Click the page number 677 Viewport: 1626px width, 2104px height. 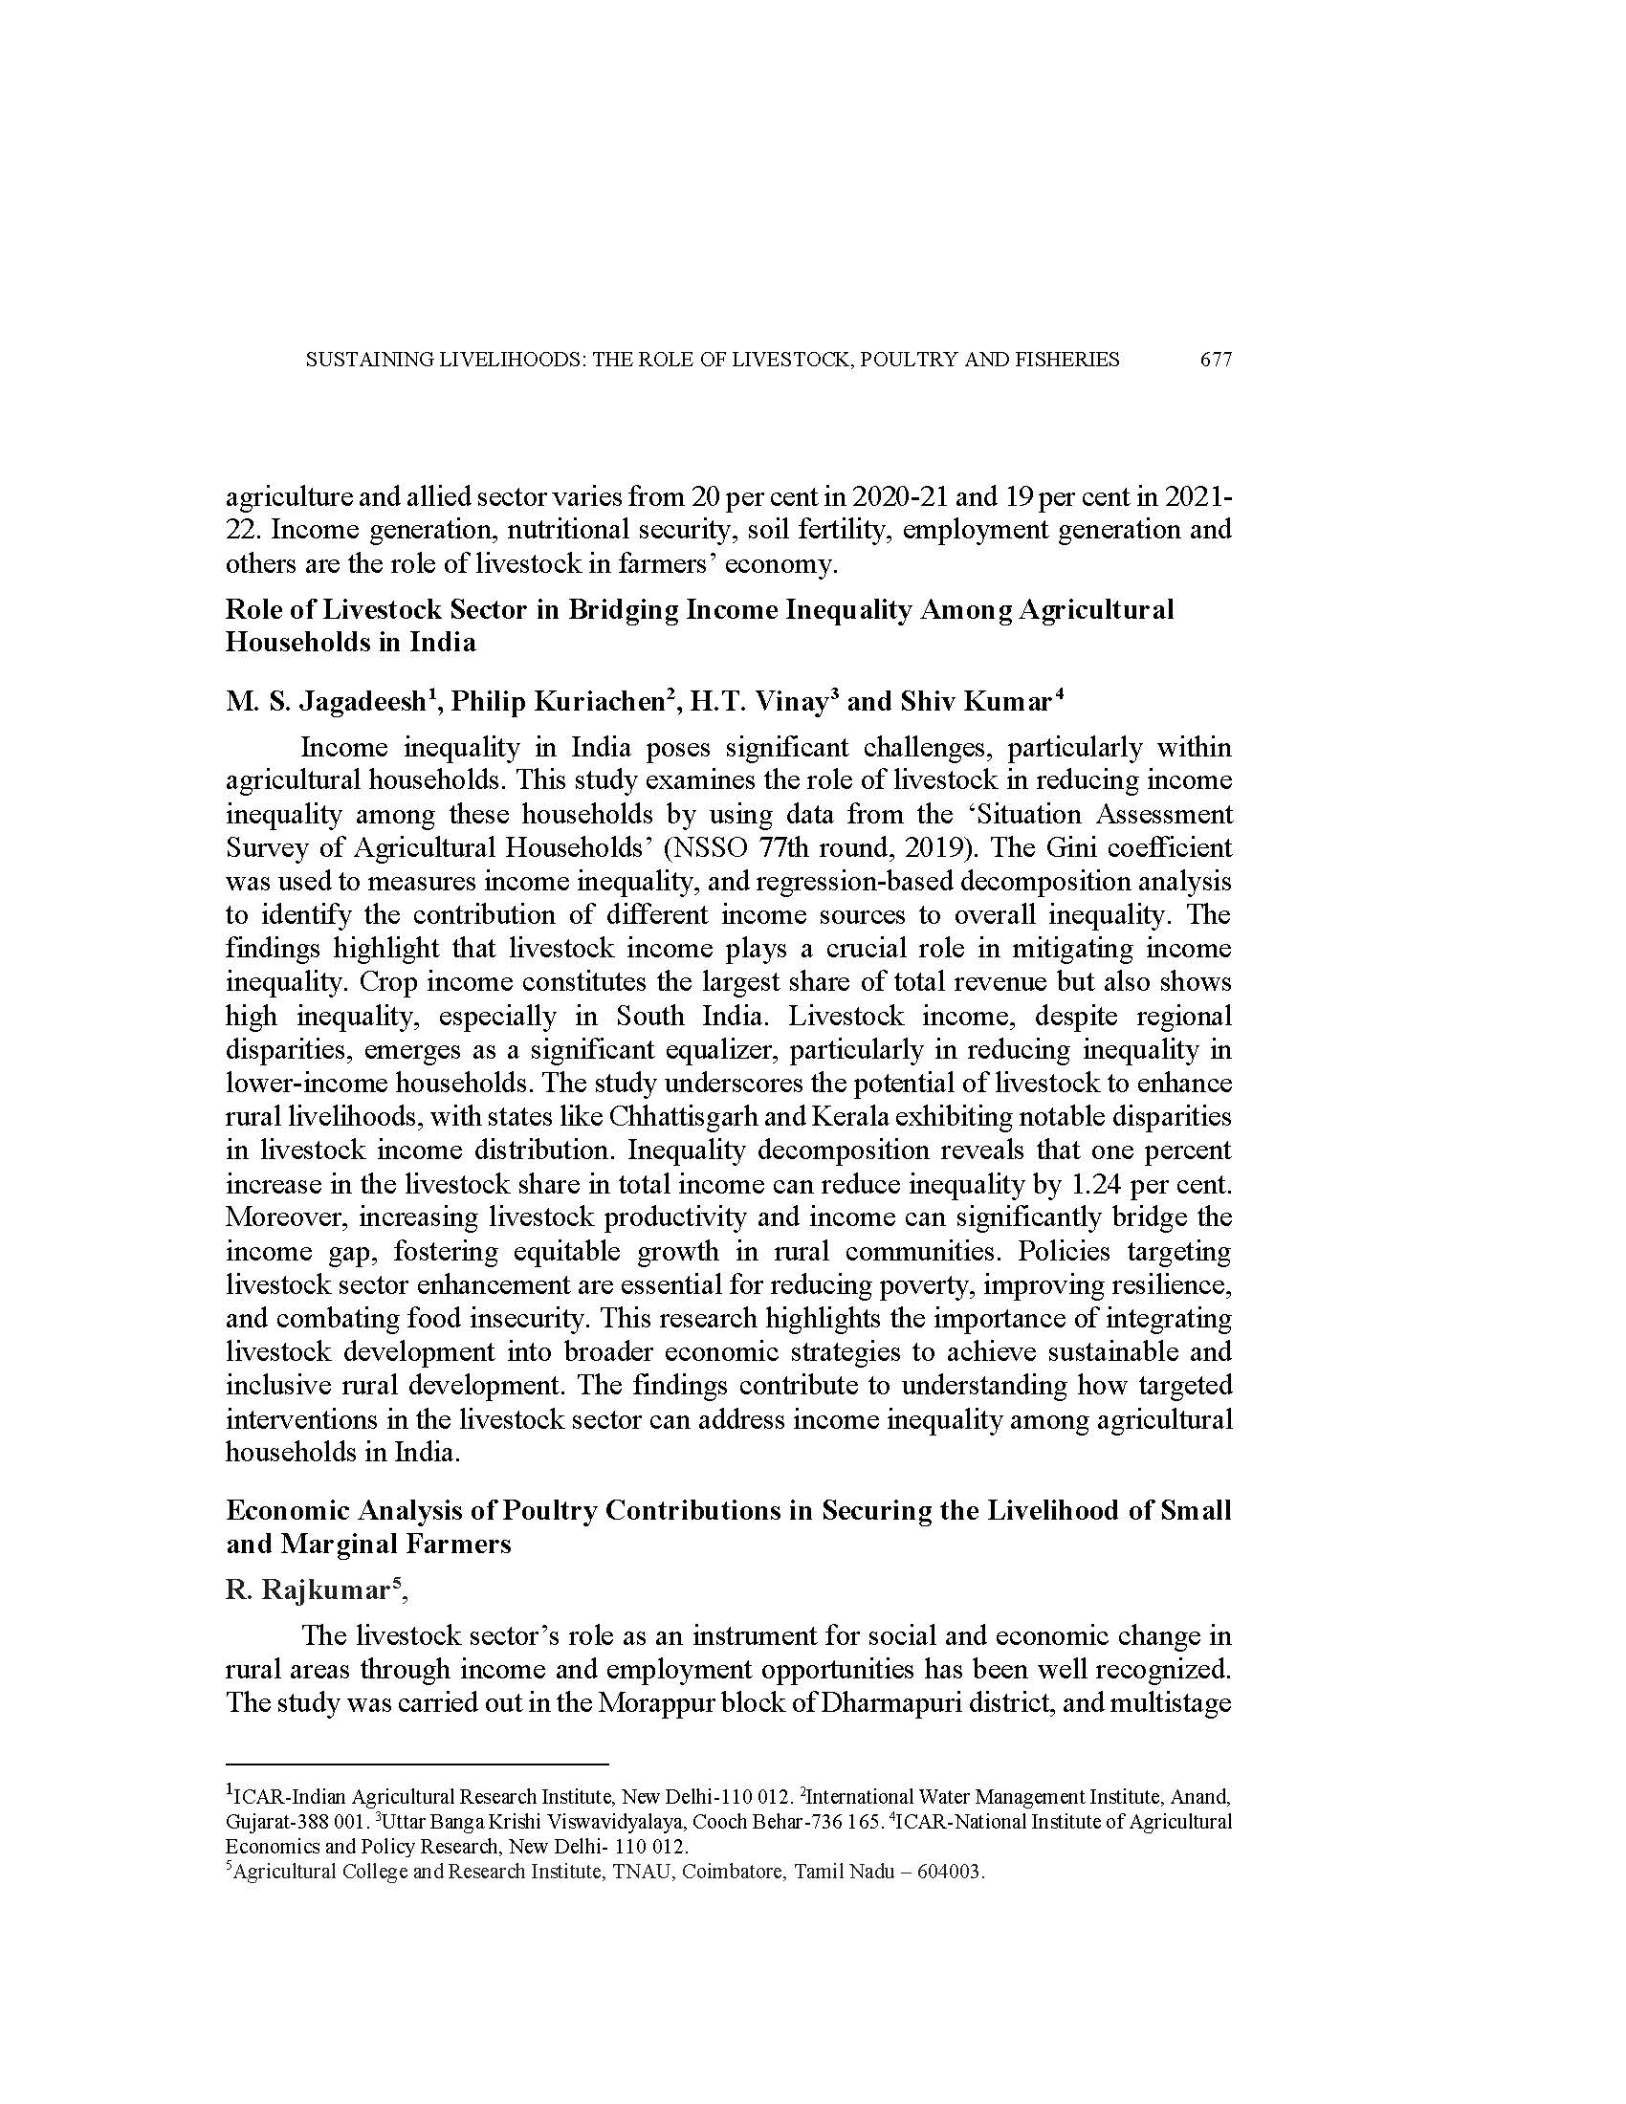click(x=1216, y=361)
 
